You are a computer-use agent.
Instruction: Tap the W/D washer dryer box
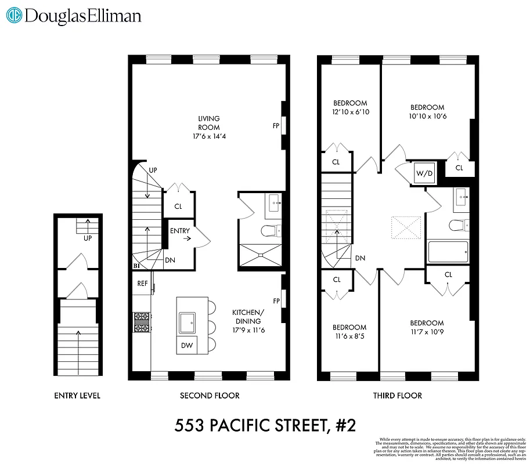click(x=422, y=173)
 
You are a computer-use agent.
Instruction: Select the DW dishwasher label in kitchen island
click(x=186, y=346)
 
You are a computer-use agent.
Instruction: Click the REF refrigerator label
click(x=142, y=284)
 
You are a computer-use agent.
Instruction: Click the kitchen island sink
click(x=188, y=321)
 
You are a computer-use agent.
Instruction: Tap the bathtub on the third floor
click(x=449, y=252)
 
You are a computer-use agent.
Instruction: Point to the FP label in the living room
click(x=276, y=125)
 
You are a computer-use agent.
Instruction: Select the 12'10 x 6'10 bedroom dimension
click(x=350, y=112)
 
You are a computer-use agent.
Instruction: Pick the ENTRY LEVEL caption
click(x=77, y=396)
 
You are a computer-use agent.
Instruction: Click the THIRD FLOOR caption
click(x=397, y=396)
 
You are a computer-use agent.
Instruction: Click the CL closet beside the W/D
click(x=459, y=168)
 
